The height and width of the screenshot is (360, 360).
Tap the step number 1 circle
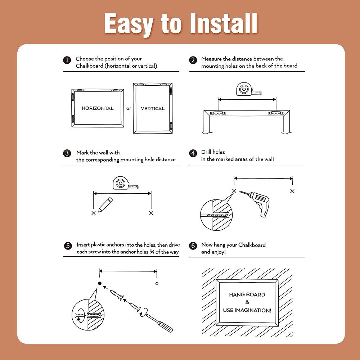point(67,60)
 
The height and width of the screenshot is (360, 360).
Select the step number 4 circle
point(193,153)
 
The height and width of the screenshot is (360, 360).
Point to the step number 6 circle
point(193,246)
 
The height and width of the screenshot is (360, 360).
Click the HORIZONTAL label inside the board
point(98,108)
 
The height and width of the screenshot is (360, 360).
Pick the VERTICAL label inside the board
point(153,108)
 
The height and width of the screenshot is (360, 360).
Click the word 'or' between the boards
point(129,108)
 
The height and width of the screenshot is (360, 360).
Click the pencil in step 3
point(105,205)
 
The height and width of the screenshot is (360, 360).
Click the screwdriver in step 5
point(159,323)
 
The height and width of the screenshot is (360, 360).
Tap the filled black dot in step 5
point(100,283)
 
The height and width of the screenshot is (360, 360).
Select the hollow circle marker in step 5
point(157,284)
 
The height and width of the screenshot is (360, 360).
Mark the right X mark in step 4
point(292,191)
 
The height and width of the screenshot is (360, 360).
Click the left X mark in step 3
point(94,213)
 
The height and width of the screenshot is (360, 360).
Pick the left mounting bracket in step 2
point(218,113)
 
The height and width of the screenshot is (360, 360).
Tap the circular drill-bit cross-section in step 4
point(216,215)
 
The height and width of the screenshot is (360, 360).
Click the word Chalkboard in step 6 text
point(252,245)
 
